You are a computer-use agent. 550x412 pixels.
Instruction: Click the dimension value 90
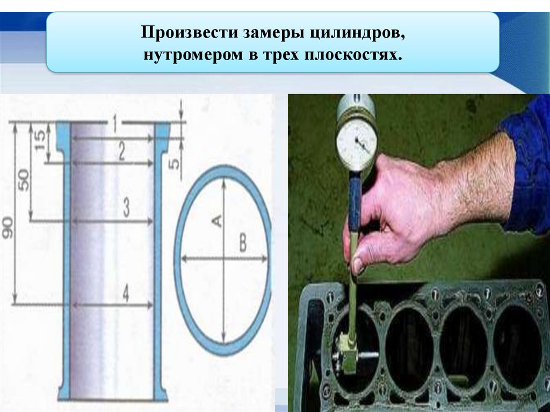(x=7, y=228)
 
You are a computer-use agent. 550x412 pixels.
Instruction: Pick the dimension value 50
(x=24, y=180)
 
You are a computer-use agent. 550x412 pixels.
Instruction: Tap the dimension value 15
(x=40, y=140)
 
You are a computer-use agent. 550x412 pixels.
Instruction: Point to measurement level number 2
(x=121, y=152)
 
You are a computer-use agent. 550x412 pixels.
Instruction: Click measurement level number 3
(x=126, y=207)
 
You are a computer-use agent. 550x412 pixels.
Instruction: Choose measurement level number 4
(x=126, y=293)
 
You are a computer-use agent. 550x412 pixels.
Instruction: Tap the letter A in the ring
(x=217, y=221)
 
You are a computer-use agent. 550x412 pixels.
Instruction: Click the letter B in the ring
(x=243, y=243)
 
